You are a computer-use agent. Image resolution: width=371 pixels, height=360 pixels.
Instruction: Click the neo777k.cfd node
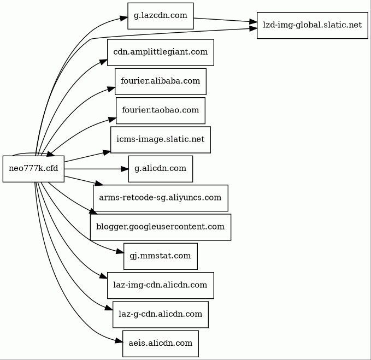pos(33,169)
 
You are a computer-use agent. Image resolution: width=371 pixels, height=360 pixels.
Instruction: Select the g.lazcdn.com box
pos(160,16)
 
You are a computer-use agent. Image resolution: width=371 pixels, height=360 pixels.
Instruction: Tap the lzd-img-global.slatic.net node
pos(312,25)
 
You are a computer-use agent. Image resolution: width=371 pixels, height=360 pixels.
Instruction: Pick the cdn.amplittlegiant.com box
pos(160,52)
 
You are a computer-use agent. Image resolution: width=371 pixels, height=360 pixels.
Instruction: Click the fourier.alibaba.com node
pos(160,81)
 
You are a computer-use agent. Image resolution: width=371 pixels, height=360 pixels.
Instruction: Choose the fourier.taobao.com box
pos(160,110)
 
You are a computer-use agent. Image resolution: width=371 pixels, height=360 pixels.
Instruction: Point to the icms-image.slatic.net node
pos(160,140)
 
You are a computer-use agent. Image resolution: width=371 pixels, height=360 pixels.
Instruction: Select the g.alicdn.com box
pos(160,169)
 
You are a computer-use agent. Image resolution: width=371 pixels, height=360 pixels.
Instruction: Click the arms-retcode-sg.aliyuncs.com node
pos(160,198)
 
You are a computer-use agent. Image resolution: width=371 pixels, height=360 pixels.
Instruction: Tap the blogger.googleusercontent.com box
pos(160,227)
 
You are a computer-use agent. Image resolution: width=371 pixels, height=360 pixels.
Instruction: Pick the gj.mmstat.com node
pos(160,256)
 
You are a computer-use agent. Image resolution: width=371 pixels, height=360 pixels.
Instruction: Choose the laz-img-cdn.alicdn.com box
pos(160,285)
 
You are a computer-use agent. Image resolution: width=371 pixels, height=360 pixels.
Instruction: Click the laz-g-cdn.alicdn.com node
pos(160,314)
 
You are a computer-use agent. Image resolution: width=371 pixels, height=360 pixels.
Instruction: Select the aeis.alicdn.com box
pos(160,343)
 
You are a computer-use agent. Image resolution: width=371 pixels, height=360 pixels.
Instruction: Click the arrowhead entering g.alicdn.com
pos(123,169)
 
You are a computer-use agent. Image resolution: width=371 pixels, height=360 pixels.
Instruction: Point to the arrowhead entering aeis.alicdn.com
pos(118,341)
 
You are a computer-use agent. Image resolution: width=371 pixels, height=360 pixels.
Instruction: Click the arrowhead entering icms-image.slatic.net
pos(106,149)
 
